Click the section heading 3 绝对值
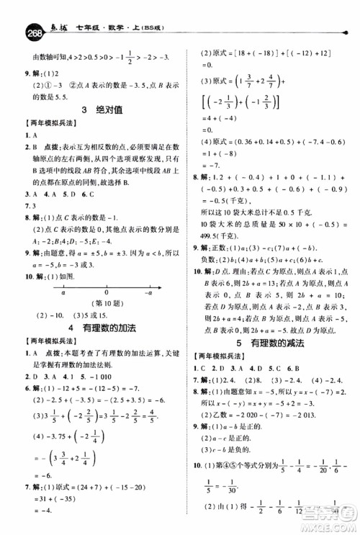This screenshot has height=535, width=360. click(x=104, y=110)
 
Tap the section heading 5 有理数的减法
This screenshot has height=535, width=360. click(x=270, y=343)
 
